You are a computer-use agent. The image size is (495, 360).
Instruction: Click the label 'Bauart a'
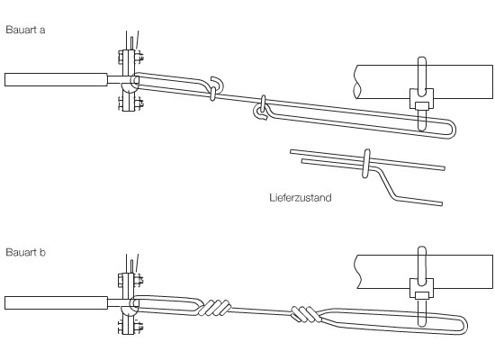[25, 30]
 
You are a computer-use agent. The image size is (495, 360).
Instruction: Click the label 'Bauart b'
[25, 252]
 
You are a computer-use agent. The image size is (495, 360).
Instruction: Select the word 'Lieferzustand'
[301, 198]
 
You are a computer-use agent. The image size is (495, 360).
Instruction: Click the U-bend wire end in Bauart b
[463, 325]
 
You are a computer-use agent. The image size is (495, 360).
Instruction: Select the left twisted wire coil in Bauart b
[215, 308]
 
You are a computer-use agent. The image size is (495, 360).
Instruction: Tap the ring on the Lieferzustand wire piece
[366, 164]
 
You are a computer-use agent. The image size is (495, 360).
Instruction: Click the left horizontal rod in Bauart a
[56, 79]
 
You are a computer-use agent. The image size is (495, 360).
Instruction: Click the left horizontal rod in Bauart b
[56, 302]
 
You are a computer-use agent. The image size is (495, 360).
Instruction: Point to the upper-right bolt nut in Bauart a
[139, 58]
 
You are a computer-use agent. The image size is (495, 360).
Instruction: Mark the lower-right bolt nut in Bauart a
[139, 103]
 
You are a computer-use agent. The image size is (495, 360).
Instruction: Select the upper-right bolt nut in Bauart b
[139, 280]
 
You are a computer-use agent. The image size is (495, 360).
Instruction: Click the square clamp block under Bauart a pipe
[422, 99]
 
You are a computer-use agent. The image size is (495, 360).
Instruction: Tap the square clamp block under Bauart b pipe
[422, 288]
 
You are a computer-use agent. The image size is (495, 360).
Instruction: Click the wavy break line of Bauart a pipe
[356, 82]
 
